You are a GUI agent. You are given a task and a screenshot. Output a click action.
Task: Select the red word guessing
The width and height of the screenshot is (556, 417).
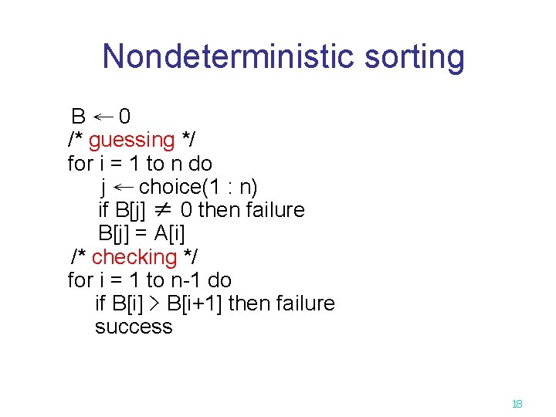[x=132, y=141]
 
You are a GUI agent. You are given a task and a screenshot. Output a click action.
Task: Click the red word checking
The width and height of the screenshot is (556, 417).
[x=134, y=257]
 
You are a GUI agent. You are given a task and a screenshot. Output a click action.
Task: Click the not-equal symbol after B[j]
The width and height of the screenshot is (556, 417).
[x=161, y=210]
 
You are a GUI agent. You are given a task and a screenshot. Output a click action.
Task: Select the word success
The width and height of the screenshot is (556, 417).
[x=134, y=327]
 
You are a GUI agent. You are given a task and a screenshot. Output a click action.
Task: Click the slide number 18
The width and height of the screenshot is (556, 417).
[x=517, y=404]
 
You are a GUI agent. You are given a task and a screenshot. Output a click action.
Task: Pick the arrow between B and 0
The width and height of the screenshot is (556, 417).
[x=103, y=117]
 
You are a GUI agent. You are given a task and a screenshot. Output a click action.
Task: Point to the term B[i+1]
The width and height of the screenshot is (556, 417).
[x=195, y=303]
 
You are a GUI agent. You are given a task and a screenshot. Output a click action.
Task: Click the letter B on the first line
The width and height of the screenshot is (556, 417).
[x=78, y=117]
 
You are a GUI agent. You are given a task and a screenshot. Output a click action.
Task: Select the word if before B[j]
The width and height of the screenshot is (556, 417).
[x=103, y=210]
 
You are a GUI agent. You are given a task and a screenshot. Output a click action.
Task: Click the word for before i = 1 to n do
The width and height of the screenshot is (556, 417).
[x=80, y=164]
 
